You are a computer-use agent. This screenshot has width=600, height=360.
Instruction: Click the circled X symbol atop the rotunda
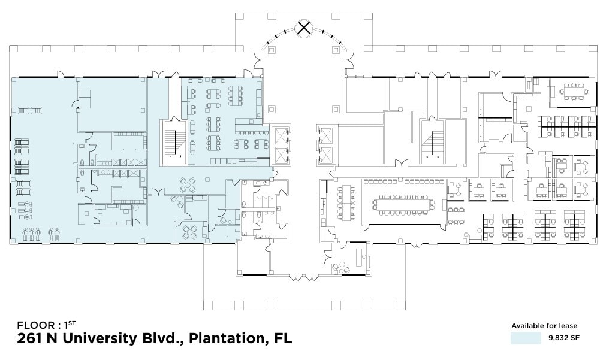coord(304,28)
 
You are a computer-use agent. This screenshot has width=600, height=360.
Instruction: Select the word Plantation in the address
coord(225,339)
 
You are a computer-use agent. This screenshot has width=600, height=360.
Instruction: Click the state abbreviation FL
coord(281,339)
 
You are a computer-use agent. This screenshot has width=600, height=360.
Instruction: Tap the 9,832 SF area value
coord(563,338)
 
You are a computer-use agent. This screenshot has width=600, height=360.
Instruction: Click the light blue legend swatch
coord(521,338)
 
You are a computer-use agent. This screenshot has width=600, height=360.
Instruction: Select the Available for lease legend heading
coord(544,326)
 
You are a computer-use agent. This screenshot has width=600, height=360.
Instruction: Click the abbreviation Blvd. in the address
coord(159,339)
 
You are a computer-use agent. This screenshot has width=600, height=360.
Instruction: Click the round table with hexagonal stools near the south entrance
coord(342,266)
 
